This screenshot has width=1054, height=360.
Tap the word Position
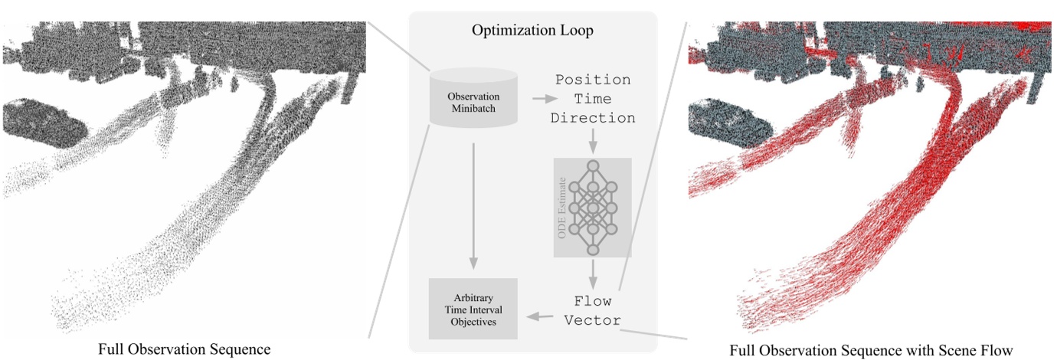(593, 80)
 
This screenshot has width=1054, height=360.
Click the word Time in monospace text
(593, 99)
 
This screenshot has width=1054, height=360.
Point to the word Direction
(593, 118)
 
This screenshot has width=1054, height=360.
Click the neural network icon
(593, 207)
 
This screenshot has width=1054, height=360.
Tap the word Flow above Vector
(593, 301)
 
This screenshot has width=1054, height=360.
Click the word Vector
(593, 320)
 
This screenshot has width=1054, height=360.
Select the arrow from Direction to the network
(593, 141)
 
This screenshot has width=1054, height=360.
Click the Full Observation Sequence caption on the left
(184, 349)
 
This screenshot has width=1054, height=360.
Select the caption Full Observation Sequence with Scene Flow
(872, 349)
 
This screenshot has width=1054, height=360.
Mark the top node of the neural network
(593, 166)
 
